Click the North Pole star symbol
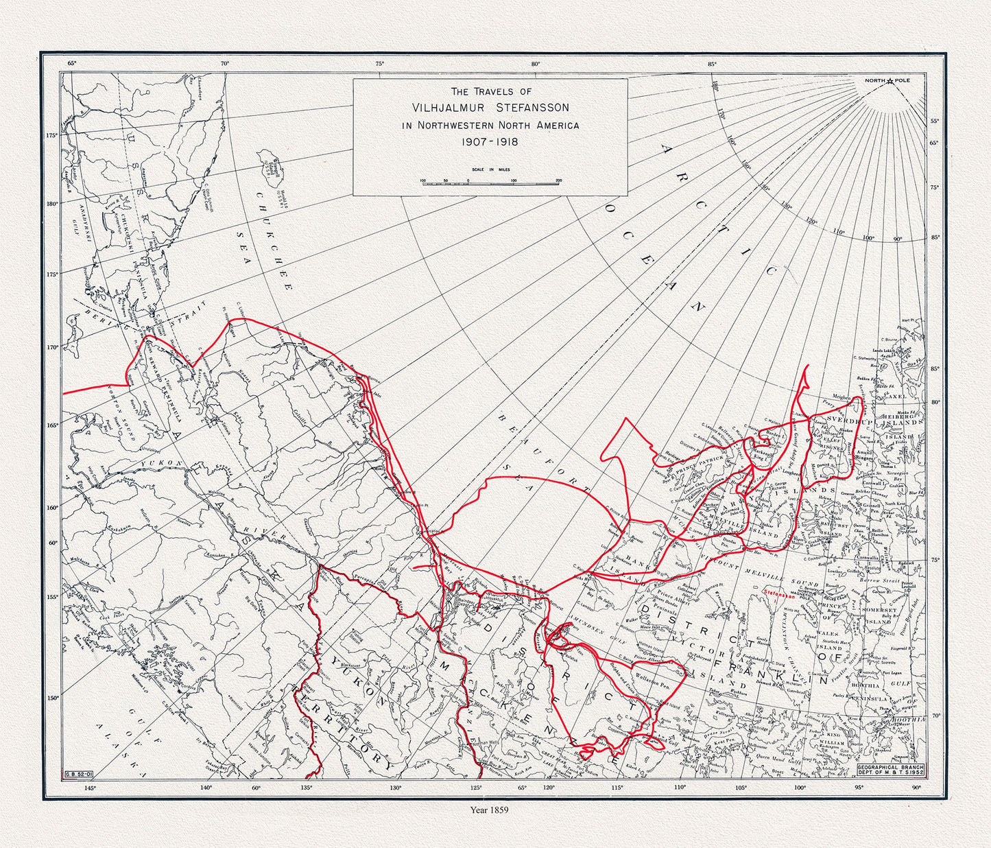tap(890, 82)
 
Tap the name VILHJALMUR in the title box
tap(448, 108)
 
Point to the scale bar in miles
tap(491, 182)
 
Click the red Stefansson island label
tap(781, 589)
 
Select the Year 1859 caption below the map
tap(489, 809)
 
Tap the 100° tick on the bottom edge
tap(799, 788)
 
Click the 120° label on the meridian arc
tap(811, 221)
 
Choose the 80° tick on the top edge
tap(536, 64)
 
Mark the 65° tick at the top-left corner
tap(72, 64)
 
